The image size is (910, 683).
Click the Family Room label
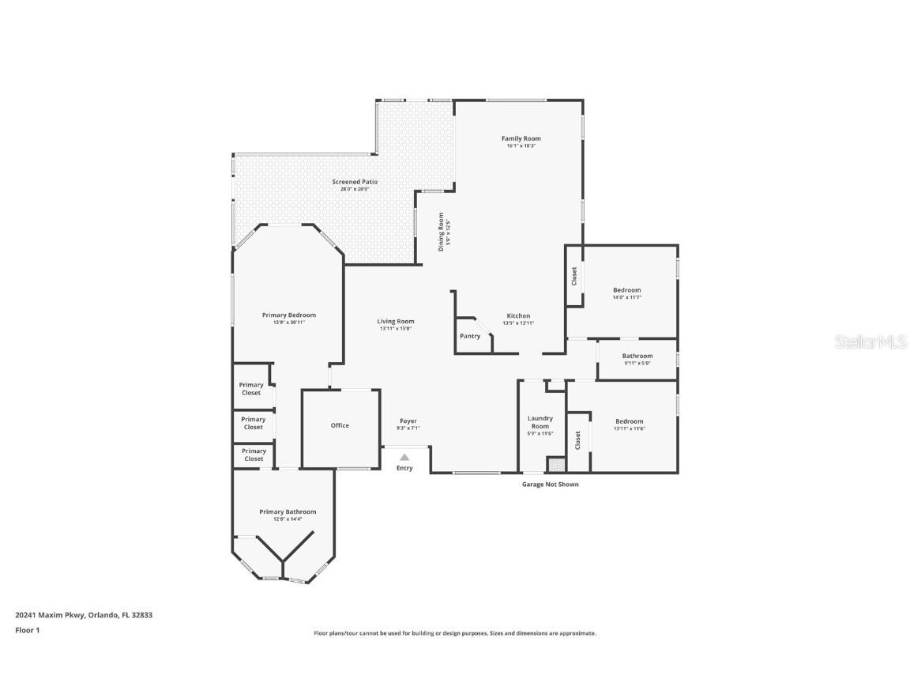(x=521, y=138)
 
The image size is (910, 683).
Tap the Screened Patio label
(x=355, y=182)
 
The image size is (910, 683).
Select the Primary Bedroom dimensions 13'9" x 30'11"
(x=288, y=323)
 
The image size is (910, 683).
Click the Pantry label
(x=470, y=336)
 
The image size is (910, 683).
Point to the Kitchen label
(x=518, y=315)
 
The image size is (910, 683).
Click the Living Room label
(x=395, y=321)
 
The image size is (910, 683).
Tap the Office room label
(x=340, y=425)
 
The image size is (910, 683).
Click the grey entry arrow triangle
(x=404, y=457)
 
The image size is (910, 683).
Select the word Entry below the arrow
(x=404, y=468)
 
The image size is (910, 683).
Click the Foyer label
(x=408, y=421)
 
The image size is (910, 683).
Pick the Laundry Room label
(x=540, y=422)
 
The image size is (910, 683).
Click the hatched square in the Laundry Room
(x=557, y=465)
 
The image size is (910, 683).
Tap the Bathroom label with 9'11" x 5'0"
(x=637, y=356)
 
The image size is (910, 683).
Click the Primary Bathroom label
(x=288, y=511)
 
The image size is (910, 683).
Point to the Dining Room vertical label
(x=442, y=232)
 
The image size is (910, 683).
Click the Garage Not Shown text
(x=550, y=484)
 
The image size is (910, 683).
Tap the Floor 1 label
(x=27, y=630)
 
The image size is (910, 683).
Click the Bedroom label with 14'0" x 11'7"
(x=627, y=290)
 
